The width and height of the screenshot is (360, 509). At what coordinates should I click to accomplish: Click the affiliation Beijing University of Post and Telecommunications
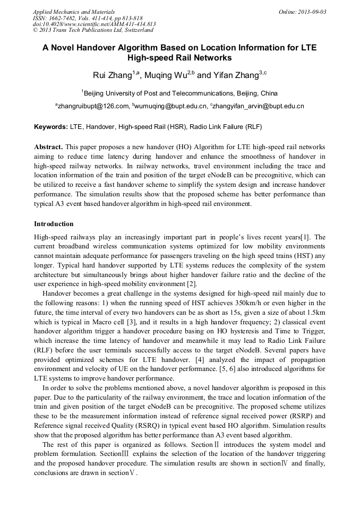181,93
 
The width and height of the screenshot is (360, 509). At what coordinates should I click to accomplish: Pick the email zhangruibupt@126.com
92,106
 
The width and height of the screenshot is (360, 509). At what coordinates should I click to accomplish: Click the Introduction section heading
54,224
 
